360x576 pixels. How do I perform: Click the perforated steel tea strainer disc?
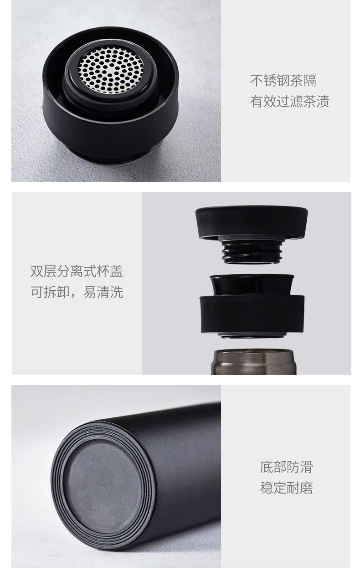(x=111, y=70)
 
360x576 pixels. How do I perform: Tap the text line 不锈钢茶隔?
(x=283, y=81)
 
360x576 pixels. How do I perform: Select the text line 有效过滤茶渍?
(x=290, y=101)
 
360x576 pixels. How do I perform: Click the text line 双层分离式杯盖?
(x=77, y=271)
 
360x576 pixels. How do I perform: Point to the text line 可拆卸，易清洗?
(x=77, y=292)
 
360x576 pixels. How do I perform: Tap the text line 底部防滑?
(x=286, y=467)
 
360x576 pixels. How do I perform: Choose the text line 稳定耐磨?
(x=286, y=488)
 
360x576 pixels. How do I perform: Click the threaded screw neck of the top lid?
(x=252, y=252)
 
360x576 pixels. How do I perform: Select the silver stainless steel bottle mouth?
(x=253, y=362)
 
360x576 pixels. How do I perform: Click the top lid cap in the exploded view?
(x=252, y=223)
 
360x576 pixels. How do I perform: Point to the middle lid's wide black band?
(x=252, y=314)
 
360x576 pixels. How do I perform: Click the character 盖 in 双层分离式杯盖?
(x=117, y=271)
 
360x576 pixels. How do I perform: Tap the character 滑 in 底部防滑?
(x=306, y=467)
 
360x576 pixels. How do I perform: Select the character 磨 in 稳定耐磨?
(x=306, y=488)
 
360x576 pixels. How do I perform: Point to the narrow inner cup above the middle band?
(x=252, y=285)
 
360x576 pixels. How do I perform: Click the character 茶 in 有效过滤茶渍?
(x=309, y=101)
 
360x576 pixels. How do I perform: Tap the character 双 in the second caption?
(x=37, y=271)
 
